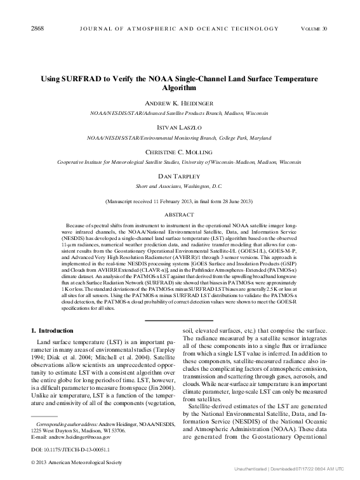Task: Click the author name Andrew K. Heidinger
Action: click(179, 103)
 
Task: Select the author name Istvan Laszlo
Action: click(179, 126)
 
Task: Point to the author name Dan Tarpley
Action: click(179, 177)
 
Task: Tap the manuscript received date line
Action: click(179, 201)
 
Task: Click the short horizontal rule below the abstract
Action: click(179, 321)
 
